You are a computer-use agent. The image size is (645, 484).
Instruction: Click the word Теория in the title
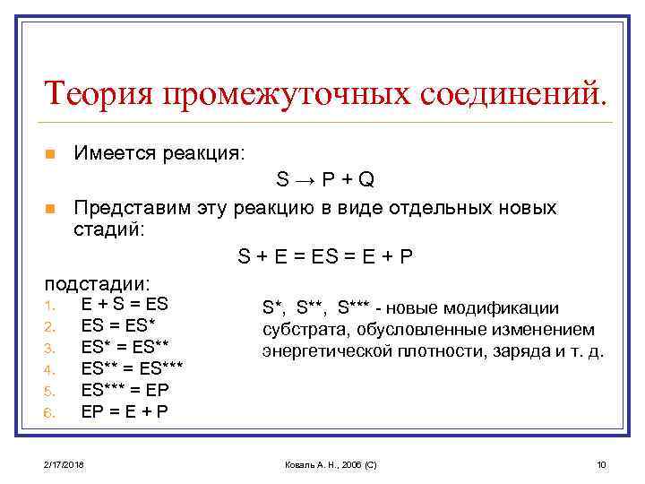[x=93, y=92]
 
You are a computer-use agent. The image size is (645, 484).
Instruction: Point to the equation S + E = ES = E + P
[x=325, y=256]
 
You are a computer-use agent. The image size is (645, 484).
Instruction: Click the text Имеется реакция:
[x=159, y=153]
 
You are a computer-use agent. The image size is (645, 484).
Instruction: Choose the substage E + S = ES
[x=125, y=304]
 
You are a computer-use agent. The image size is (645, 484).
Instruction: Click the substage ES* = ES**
[x=125, y=347]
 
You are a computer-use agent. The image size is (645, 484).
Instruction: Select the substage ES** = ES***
[x=132, y=368]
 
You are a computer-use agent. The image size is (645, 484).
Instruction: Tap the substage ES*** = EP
[x=125, y=390]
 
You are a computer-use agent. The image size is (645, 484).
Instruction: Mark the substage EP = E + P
[x=125, y=411]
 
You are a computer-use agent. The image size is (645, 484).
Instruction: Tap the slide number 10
[x=601, y=464]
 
